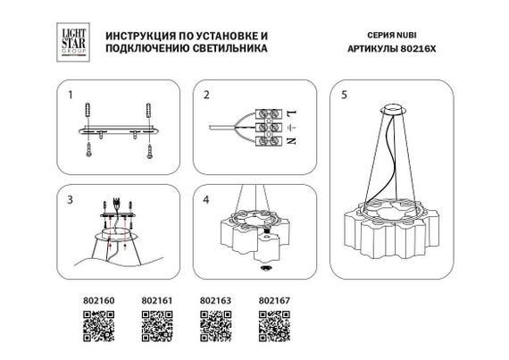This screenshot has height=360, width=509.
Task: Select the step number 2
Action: pos(206,93)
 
